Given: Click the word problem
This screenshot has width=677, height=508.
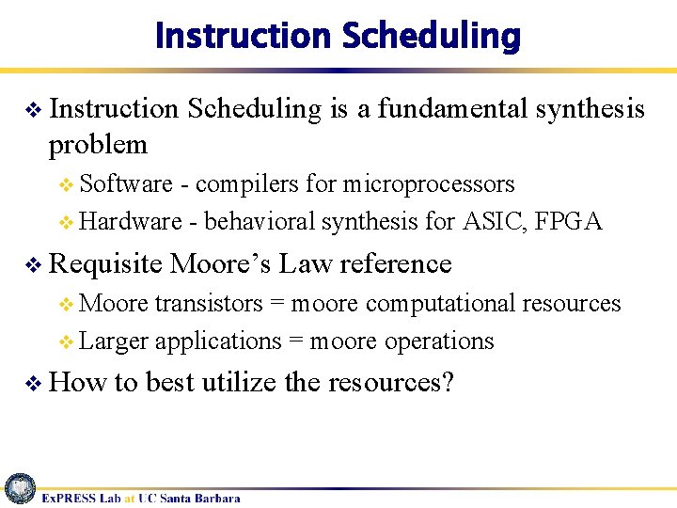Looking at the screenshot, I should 98,145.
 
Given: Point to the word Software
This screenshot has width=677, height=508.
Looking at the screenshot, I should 126,183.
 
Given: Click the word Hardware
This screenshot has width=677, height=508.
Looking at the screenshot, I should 131,222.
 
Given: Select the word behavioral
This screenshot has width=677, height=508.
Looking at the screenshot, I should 260,222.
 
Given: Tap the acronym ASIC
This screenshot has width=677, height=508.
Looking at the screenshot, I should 495,222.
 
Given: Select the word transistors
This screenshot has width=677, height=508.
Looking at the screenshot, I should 209,303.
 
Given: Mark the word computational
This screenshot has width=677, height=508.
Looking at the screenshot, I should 441,303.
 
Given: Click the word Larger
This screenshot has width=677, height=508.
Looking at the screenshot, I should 114,341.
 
